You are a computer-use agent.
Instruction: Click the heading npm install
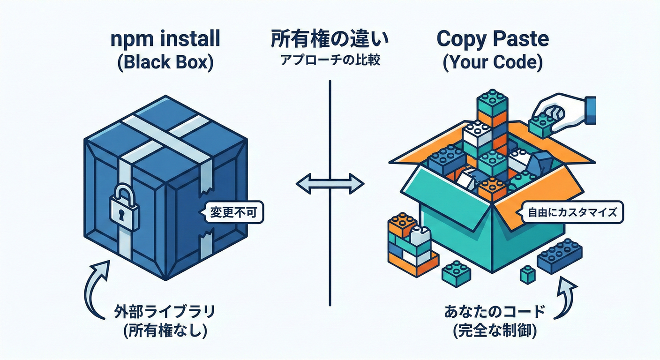coord(165,40)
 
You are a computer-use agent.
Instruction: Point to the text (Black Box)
coord(165,62)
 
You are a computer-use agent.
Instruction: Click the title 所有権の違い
coord(330,40)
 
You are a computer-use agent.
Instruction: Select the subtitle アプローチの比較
coord(330,61)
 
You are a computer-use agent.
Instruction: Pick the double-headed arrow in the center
coord(330,183)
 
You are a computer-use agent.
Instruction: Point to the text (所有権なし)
coord(165,332)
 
